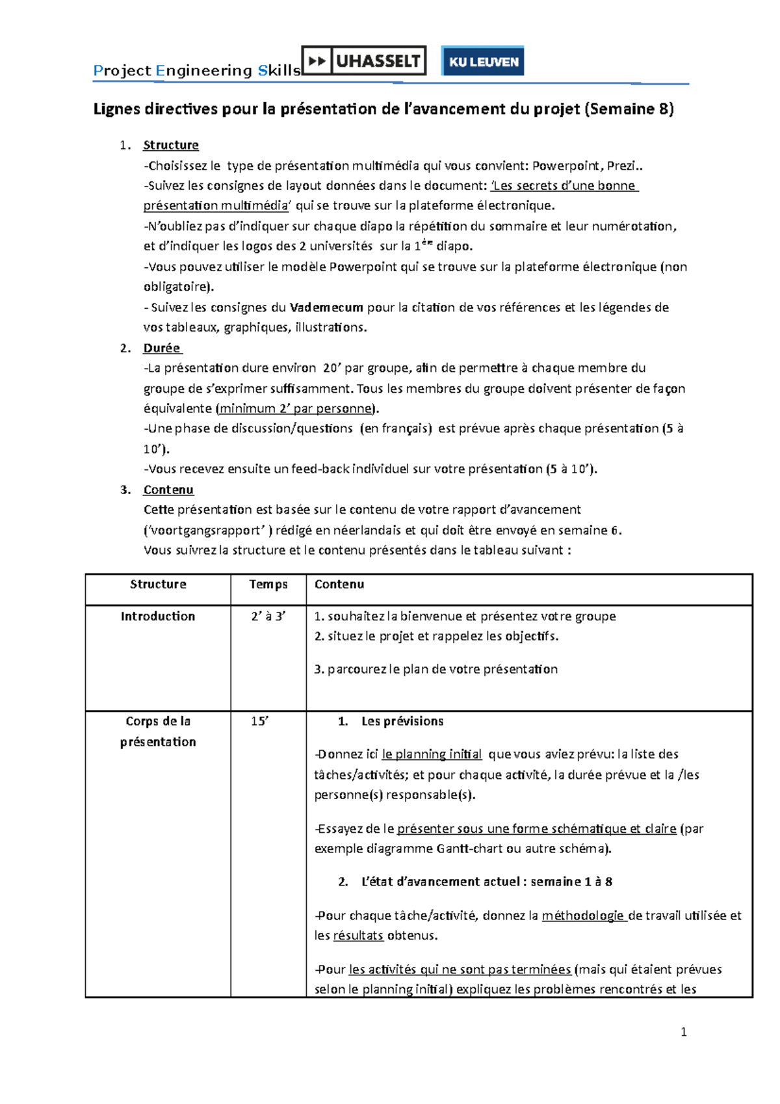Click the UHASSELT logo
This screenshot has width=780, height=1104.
364,61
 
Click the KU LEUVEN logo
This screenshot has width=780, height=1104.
483,62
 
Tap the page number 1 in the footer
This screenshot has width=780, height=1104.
683,1032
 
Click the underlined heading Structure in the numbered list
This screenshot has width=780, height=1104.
170,145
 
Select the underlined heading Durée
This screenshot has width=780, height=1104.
162,348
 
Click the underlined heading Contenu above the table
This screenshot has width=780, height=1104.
168,490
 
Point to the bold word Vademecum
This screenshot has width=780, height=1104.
326,308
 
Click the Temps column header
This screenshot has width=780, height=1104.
268,585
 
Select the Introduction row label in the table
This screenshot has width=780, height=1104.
158,616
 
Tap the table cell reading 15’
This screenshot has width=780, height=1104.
259,721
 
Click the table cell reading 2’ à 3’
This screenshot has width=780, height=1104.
268,616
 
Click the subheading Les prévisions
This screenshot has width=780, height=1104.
402,721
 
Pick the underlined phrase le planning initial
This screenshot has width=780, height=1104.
432,754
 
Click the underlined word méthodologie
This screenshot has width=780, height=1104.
583,915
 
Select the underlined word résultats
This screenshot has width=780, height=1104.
358,936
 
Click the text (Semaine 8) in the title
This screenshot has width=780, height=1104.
629,109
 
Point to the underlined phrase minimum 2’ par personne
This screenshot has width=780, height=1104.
295,408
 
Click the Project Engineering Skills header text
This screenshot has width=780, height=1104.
196,70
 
